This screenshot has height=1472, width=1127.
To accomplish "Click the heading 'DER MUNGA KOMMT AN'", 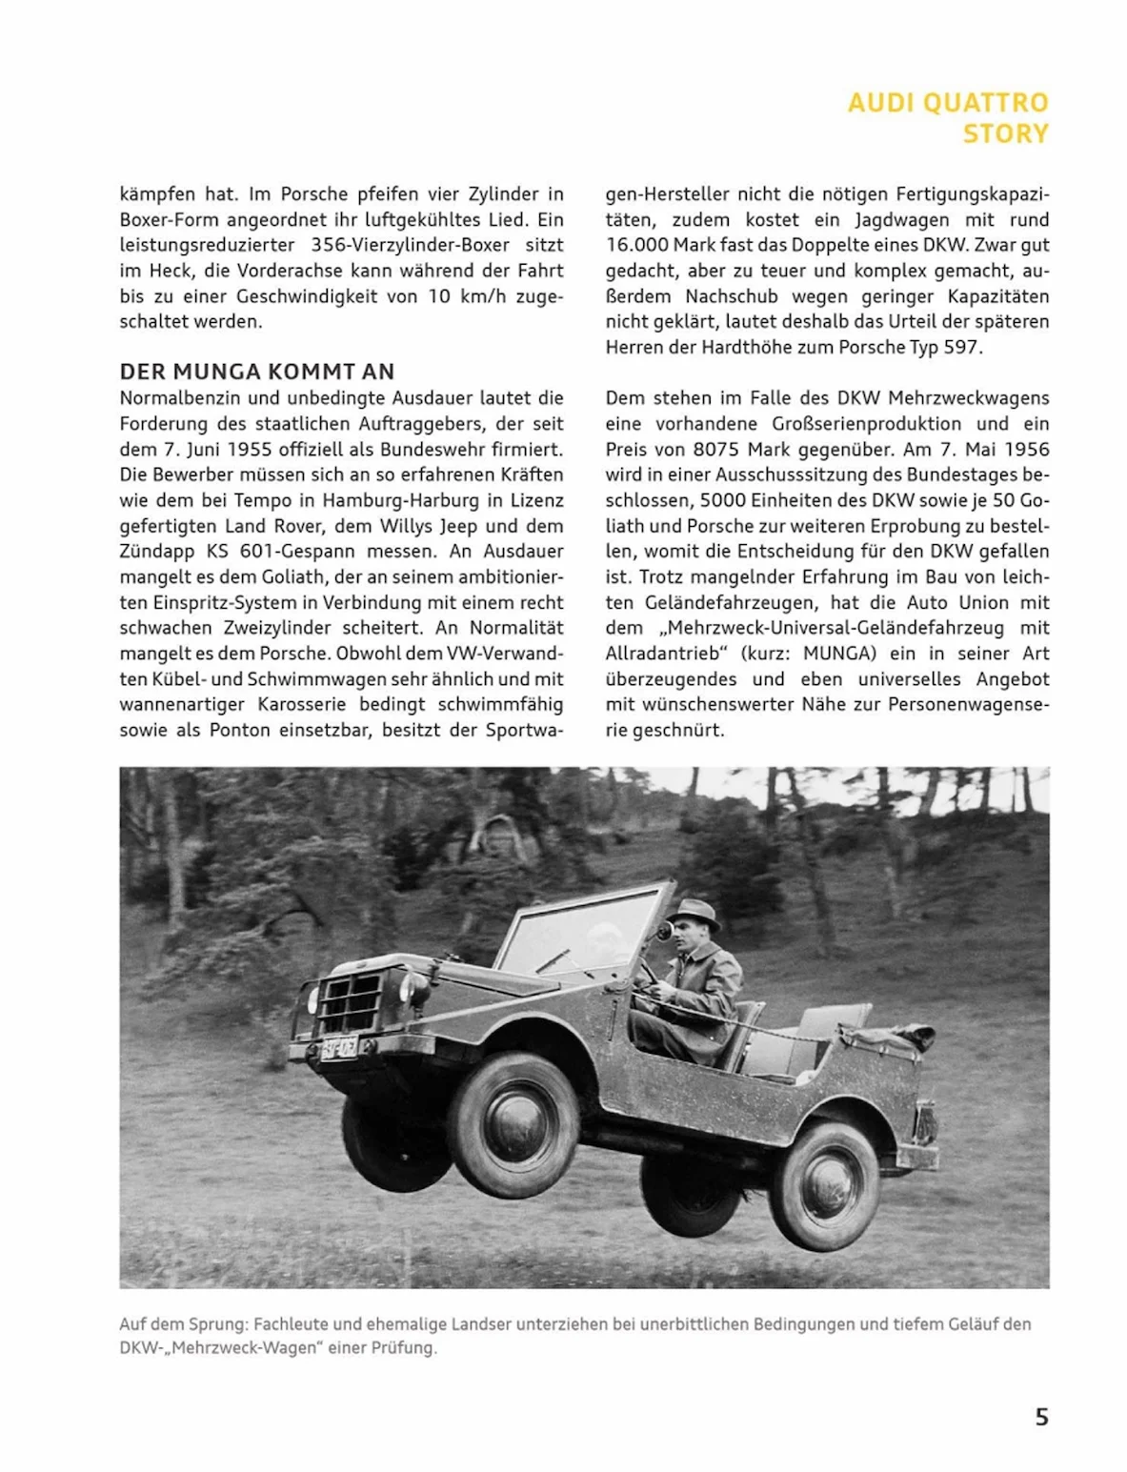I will pyautogui.click(x=256, y=372).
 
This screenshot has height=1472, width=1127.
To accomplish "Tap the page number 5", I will pyautogui.click(x=1041, y=1417).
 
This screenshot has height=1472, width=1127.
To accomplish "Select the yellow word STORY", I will pyautogui.click(x=1005, y=133).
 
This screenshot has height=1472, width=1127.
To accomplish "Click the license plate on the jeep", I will pyautogui.click(x=338, y=1048).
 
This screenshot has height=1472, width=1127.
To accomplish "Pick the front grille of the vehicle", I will pyautogui.click(x=352, y=1001).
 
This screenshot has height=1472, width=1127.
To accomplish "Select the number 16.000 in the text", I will pyautogui.click(x=637, y=245).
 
